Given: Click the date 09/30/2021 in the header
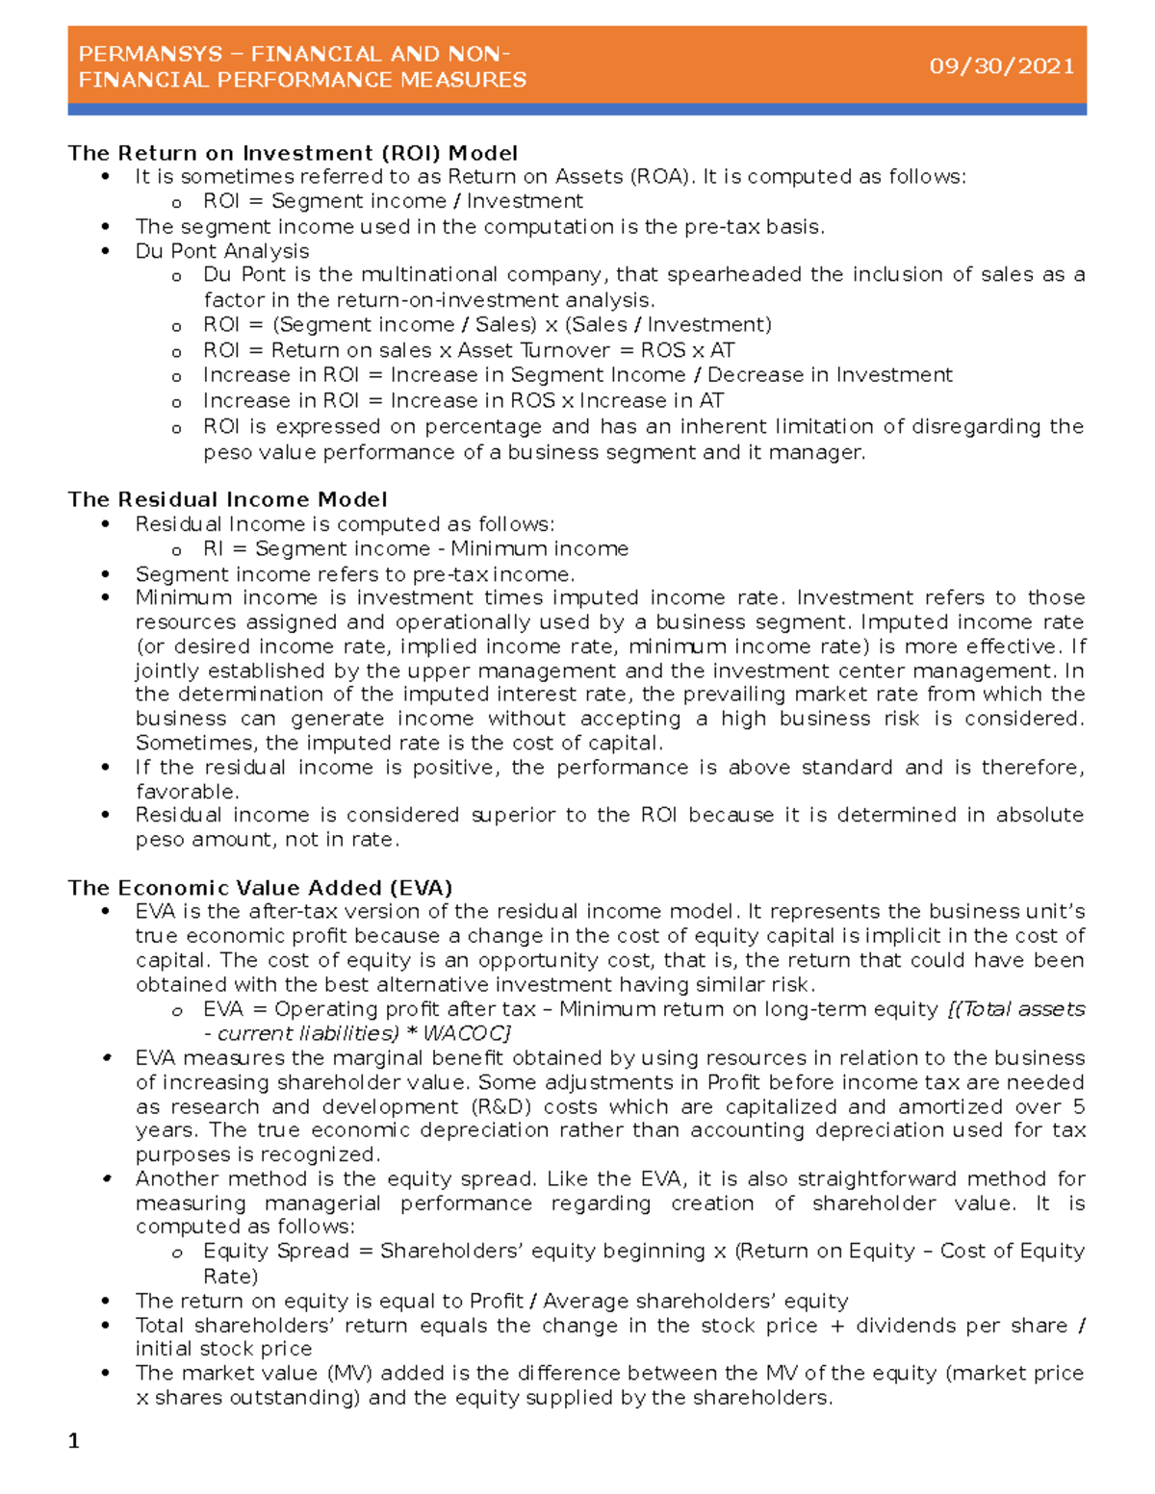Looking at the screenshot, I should pos(1001,66).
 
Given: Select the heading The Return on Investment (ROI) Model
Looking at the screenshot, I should pos(293,153).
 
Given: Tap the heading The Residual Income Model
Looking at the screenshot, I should pos(227,499).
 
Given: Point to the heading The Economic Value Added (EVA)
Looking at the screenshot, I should pos(260,887).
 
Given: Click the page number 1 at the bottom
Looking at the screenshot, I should pos(74,1440).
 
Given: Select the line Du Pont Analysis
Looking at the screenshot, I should pos(222,251).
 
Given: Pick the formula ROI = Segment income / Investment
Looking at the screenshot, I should pos(393,201).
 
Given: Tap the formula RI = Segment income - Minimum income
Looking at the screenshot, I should pos(415,548).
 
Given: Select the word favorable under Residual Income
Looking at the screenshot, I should pos(185,792).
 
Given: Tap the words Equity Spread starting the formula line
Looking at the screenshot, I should pos(275,1251).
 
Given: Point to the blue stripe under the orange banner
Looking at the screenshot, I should pos(577,110).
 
